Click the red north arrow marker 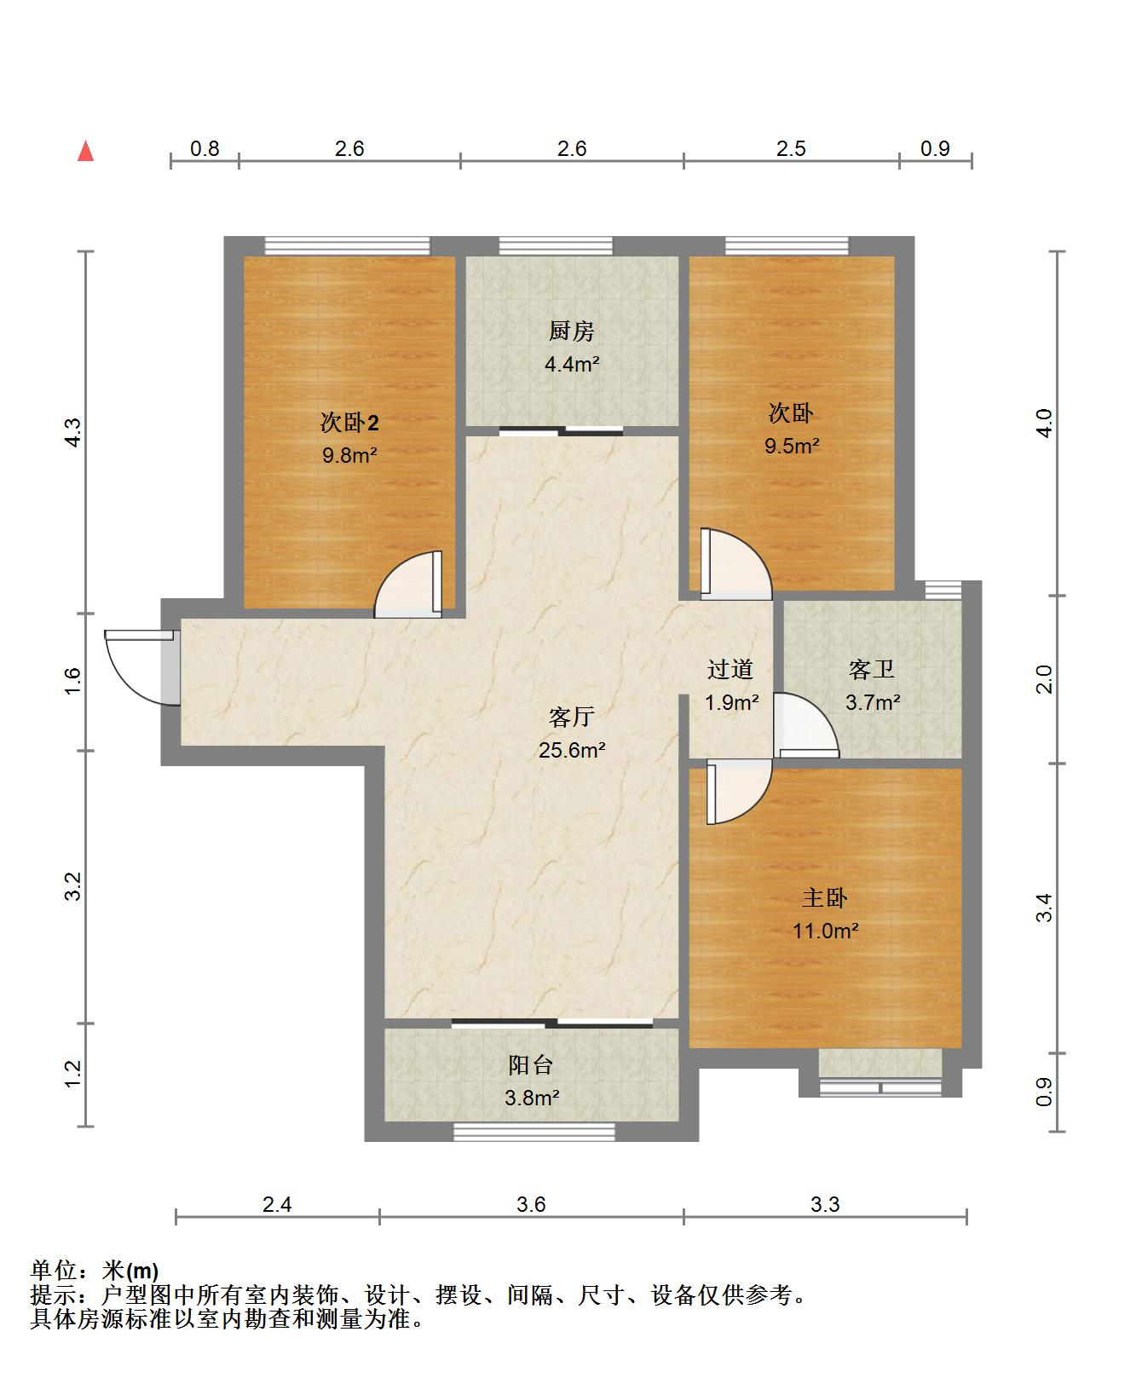tap(85, 152)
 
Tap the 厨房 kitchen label tap(572, 332)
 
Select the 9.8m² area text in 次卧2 tap(349, 455)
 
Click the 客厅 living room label tap(571, 718)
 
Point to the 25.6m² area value tap(571, 751)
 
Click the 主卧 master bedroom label tap(824, 898)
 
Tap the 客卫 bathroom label tap(872, 670)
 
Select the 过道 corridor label tap(730, 670)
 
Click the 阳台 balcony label tap(531, 1065)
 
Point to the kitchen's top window tap(556, 246)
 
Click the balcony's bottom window tap(534, 1132)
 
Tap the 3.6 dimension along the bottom tap(531, 1204)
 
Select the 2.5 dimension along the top tap(791, 149)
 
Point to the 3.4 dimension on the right tap(1045, 908)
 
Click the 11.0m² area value tap(825, 931)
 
